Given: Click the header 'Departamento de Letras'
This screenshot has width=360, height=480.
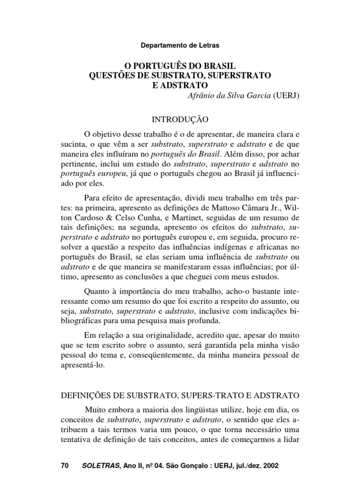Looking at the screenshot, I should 180,45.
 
